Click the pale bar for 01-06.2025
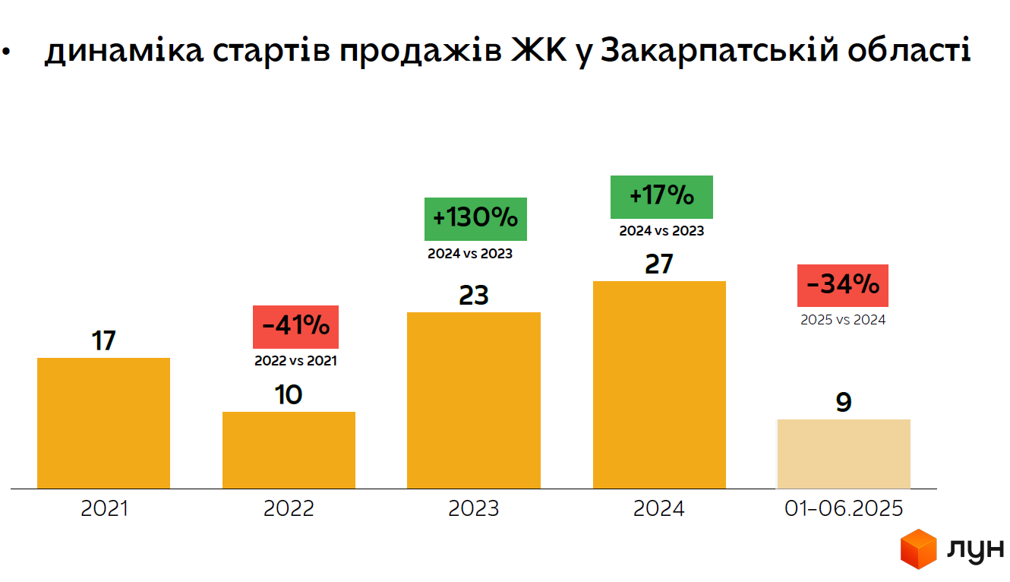pos(843,454)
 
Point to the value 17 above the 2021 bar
pos(103,340)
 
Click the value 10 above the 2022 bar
pos(289,394)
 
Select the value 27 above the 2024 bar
pos(659,264)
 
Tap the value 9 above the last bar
pos(843,402)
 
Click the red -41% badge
pos(295,327)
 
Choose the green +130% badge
pos(475,219)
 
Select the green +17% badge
pos(661,197)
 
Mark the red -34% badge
pos(842,286)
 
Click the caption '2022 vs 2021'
pos(295,361)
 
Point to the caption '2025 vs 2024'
pos(843,320)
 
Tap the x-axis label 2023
pos(474,508)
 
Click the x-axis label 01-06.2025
pos(844,508)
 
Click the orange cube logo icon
pos(919,549)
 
